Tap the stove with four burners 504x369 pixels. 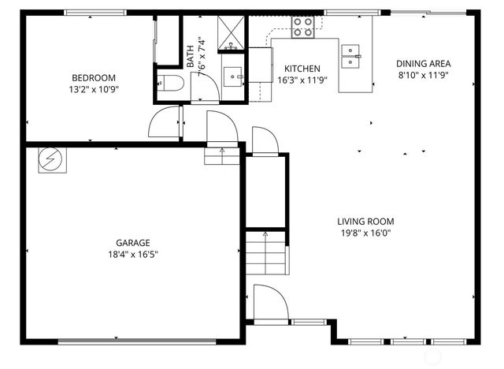pyautogui.click(x=303, y=28)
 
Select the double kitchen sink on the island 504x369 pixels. pyautogui.click(x=351, y=53)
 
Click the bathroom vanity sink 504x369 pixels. pyautogui.click(x=234, y=76)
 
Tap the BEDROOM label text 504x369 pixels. pyautogui.click(x=94, y=78)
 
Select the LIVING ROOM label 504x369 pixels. pyautogui.click(x=365, y=222)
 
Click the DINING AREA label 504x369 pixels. pyautogui.click(x=424, y=64)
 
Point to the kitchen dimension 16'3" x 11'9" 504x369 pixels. pyautogui.click(x=302, y=80)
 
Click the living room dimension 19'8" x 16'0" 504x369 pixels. pyautogui.click(x=365, y=233)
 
